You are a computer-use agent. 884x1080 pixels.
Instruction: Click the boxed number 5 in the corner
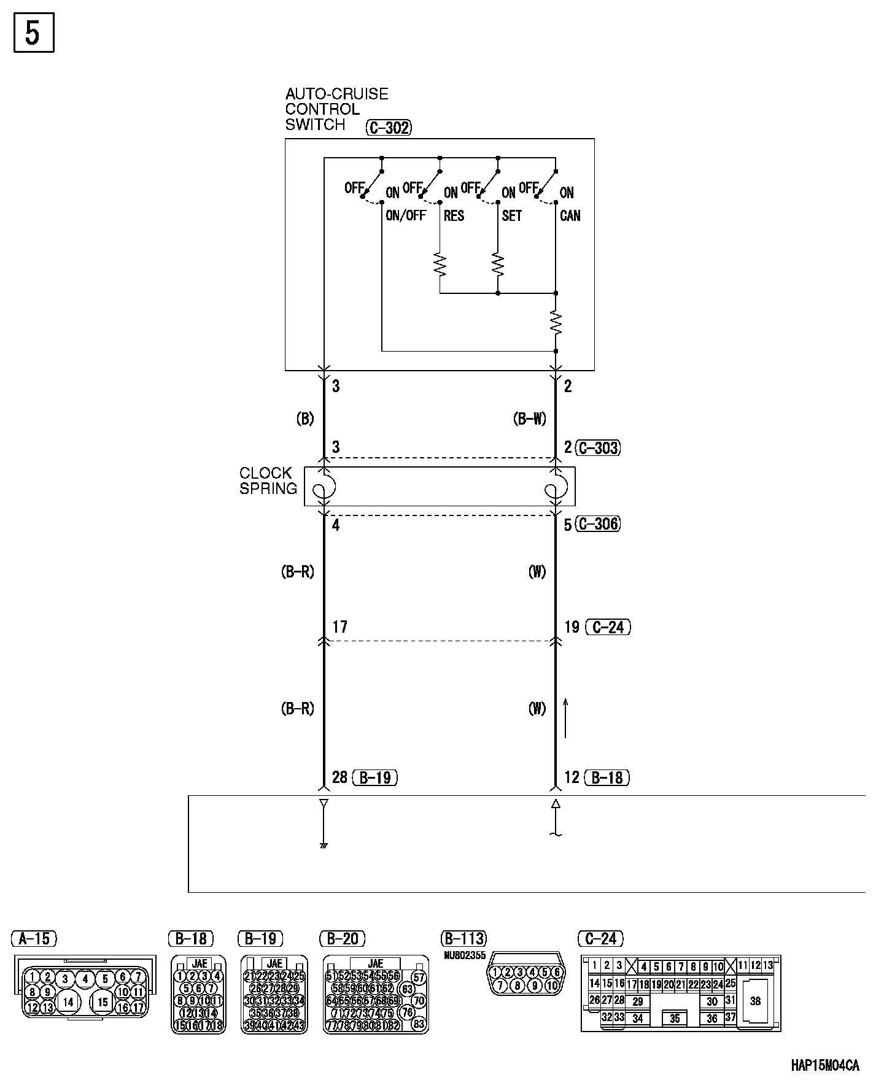tap(34, 33)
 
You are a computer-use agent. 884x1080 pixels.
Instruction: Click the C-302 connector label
tap(388, 128)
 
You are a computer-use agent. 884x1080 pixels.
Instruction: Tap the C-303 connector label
tap(599, 448)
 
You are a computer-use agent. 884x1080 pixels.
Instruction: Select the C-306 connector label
tap(599, 524)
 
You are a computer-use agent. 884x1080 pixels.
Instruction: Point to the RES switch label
tap(454, 216)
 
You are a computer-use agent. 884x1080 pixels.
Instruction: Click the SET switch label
tap(511, 216)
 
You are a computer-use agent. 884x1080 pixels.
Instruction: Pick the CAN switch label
tap(570, 216)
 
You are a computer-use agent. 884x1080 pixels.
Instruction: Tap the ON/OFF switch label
tap(405, 216)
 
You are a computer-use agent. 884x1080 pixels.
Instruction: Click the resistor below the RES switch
tap(440, 264)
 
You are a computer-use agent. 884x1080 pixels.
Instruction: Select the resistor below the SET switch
tap(498, 264)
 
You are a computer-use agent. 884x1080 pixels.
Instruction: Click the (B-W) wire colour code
tap(529, 419)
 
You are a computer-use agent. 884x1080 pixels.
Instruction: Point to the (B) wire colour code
tap(304, 419)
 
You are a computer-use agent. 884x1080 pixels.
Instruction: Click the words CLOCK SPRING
tap(268, 480)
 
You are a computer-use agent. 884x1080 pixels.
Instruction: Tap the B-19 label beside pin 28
tap(375, 777)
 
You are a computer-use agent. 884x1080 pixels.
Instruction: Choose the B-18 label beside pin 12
tap(607, 777)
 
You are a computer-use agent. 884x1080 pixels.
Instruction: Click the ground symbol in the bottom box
tap(324, 846)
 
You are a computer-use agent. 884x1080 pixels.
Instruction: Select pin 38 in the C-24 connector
tap(755, 1001)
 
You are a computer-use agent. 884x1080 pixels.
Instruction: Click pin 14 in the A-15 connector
tap(68, 1002)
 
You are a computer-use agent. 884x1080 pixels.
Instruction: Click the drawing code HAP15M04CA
tap(824, 1065)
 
